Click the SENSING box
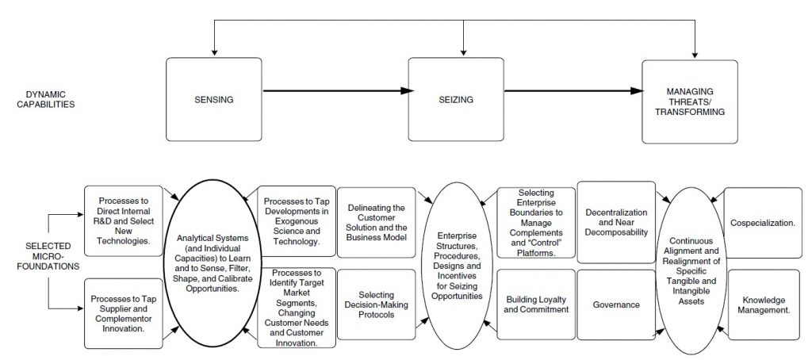click(x=214, y=99)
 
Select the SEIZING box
click(x=456, y=99)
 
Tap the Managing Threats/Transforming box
click(x=690, y=102)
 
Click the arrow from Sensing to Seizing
click(x=338, y=91)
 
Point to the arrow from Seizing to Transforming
click(x=573, y=91)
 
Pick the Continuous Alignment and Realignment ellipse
click(x=691, y=271)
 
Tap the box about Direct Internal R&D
click(x=124, y=220)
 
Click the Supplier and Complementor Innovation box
click(x=124, y=313)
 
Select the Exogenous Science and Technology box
click(x=297, y=221)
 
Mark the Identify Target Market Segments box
click(x=297, y=307)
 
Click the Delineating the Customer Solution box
click(x=377, y=222)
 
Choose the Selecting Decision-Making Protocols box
click(x=377, y=304)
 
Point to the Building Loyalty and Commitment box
click(x=536, y=304)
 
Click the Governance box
click(x=616, y=304)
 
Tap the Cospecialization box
click(x=763, y=223)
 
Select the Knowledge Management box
click(x=764, y=304)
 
